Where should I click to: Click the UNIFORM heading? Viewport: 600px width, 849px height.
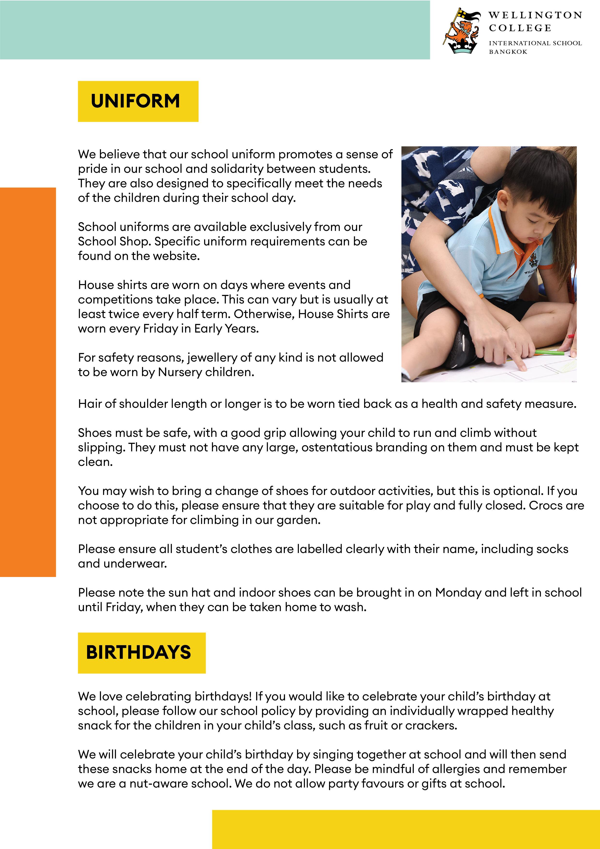(135, 101)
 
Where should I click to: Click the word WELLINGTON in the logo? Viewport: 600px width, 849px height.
(535, 15)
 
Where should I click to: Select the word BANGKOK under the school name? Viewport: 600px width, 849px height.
(508, 52)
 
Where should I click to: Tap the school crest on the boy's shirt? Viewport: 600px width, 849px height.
(533, 260)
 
